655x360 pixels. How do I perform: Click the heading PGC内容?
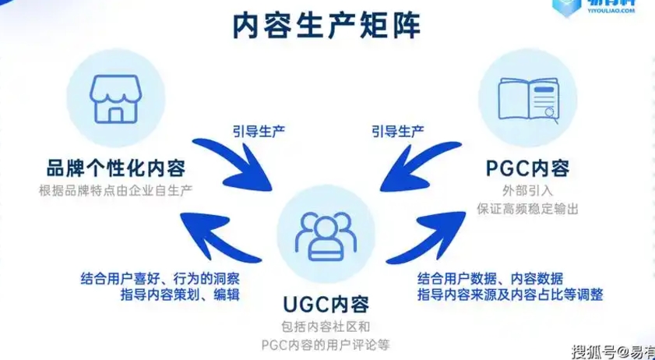tap(528, 168)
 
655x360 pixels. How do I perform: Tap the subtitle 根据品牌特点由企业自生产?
tap(114, 190)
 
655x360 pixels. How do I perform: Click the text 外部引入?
tap(529, 190)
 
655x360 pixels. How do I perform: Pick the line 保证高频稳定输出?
tap(528, 208)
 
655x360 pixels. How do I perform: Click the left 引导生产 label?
tap(259, 130)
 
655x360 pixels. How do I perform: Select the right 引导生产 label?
tap(396, 130)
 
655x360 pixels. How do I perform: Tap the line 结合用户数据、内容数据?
tap(491, 278)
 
